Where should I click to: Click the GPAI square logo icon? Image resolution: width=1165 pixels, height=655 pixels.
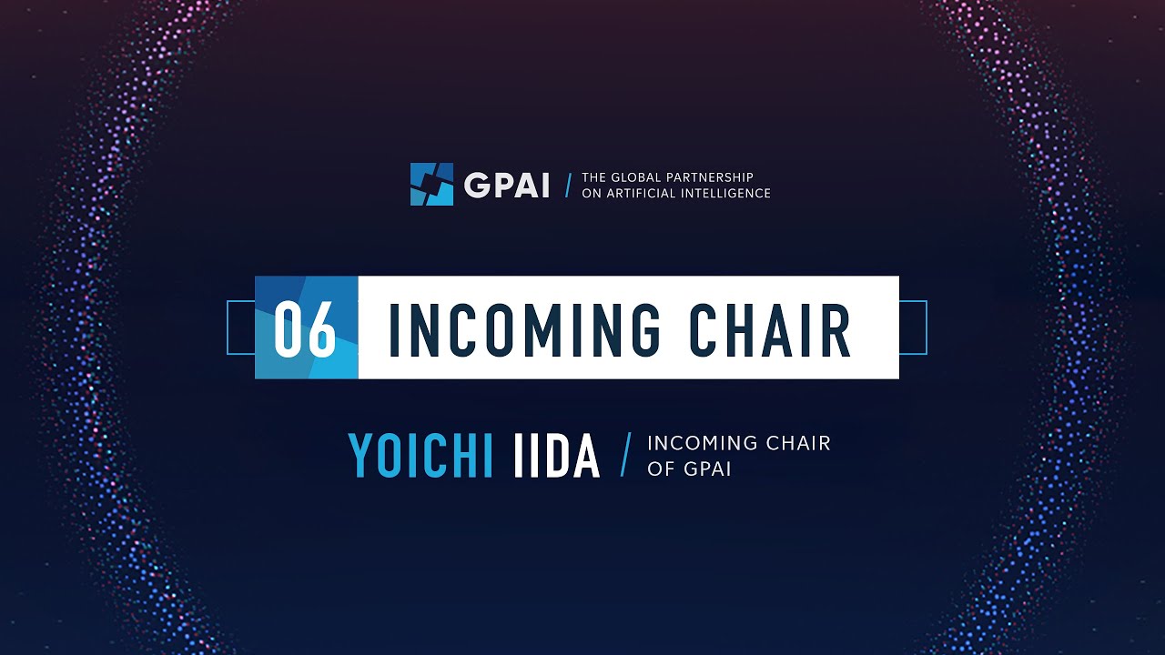click(431, 184)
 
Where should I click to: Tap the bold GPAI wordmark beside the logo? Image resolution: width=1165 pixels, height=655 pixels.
click(506, 185)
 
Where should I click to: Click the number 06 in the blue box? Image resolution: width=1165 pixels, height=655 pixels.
click(306, 328)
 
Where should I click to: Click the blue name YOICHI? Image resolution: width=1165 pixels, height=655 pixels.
click(420, 457)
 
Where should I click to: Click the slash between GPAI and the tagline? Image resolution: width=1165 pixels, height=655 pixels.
click(569, 185)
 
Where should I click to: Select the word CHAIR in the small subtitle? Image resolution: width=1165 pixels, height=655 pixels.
click(799, 444)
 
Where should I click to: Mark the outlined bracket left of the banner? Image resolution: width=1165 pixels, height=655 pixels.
click(240, 327)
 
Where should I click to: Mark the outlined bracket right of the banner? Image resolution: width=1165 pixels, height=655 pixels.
click(913, 327)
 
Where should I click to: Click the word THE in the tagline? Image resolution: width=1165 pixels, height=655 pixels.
click(594, 177)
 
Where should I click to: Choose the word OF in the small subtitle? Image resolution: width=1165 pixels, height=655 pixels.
click(659, 469)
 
